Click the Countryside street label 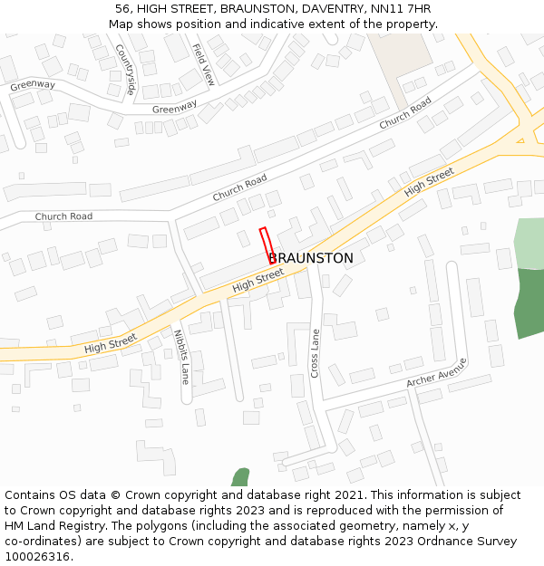(124, 71)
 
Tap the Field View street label (204, 64)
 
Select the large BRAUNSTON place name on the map (311, 258)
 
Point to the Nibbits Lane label (180, 357)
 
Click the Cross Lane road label (316, 353)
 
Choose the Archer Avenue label (437, 372)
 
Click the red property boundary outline (267, 245)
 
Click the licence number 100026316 (37, 557)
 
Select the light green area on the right (529, 243)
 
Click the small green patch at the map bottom (240, 477)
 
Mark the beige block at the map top (401, 54)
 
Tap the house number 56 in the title (122, 9)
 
